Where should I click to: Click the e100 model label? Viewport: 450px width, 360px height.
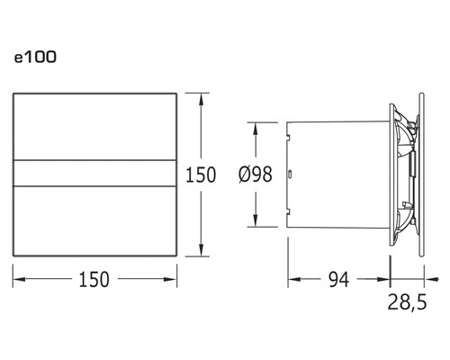click(x=35, y=57)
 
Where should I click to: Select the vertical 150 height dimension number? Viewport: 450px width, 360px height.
click(x=201, y=175)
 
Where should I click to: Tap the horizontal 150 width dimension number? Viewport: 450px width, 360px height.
click(x=94, y=280)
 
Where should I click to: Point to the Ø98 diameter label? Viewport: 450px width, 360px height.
click(x=256, y=174)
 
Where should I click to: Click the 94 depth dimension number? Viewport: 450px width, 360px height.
click(x=339, y=280)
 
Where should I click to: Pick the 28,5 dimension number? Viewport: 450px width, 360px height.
click(x=407, y=301)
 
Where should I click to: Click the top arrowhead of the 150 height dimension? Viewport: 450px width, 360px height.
click(x=201, y=99)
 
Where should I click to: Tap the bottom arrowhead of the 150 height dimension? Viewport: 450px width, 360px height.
click(x=201, y=250)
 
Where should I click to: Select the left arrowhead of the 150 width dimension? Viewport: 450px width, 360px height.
click(x=19, y=279)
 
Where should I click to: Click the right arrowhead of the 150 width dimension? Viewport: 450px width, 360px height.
click(x=170, y=279)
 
